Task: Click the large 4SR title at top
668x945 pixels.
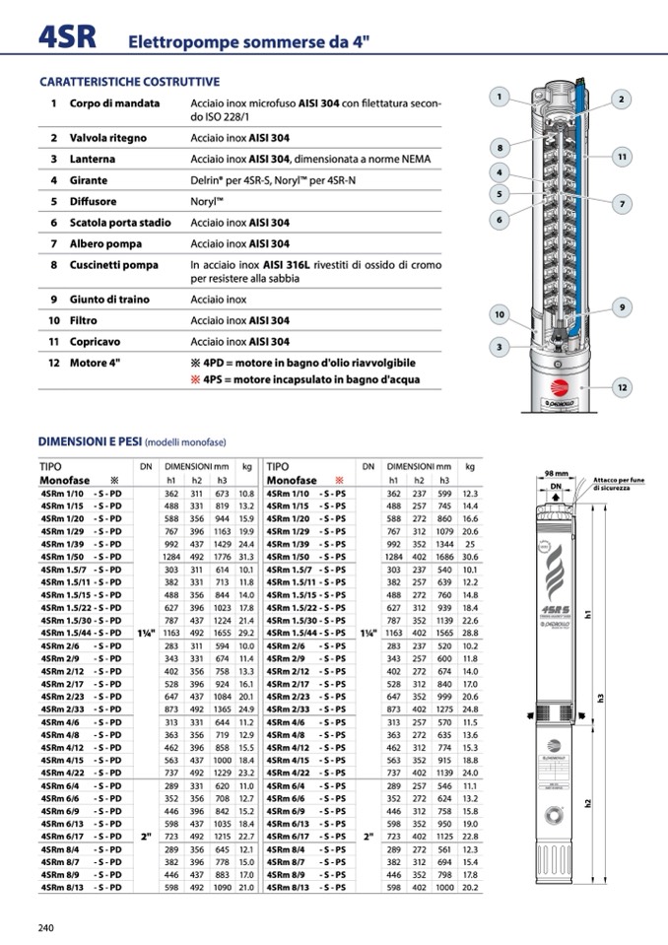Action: point(67,36)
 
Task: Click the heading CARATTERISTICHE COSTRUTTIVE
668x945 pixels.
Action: point(129,82)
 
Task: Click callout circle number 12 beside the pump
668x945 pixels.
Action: point(622,388)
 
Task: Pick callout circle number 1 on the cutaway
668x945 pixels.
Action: point(501,97)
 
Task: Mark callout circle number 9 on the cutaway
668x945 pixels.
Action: point(622,307)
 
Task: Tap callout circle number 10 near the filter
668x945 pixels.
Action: point(500,315)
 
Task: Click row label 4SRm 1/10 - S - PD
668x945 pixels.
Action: point(81,493)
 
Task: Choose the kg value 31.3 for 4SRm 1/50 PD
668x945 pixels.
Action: point(246,557)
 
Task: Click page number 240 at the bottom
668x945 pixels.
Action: point(46,927)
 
